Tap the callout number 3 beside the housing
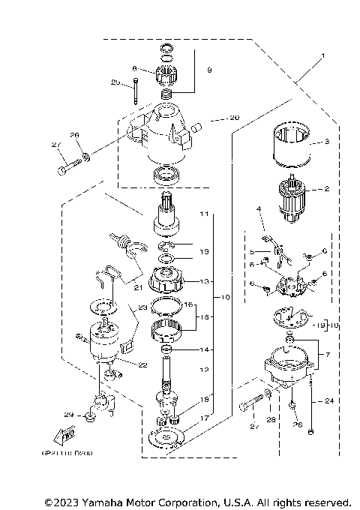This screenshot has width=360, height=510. (327, 140)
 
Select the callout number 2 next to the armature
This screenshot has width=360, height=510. (327, 190)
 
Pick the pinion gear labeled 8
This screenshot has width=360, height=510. (164, 74)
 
